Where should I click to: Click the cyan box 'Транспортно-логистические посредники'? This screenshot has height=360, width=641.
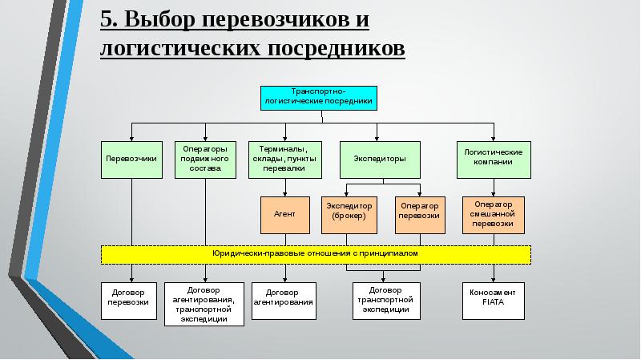[317, 97]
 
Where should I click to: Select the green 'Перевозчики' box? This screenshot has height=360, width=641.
[131, 159]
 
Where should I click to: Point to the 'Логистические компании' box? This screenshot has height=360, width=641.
[494, 159]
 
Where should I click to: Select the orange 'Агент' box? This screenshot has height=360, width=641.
[284, 215]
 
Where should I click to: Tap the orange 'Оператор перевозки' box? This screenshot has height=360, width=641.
[419, 215]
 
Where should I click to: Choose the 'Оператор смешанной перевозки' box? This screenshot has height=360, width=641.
[494, 215]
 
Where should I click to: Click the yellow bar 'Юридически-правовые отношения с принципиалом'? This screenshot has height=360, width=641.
[316, 254]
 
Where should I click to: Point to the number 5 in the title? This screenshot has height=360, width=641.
[107, 18]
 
